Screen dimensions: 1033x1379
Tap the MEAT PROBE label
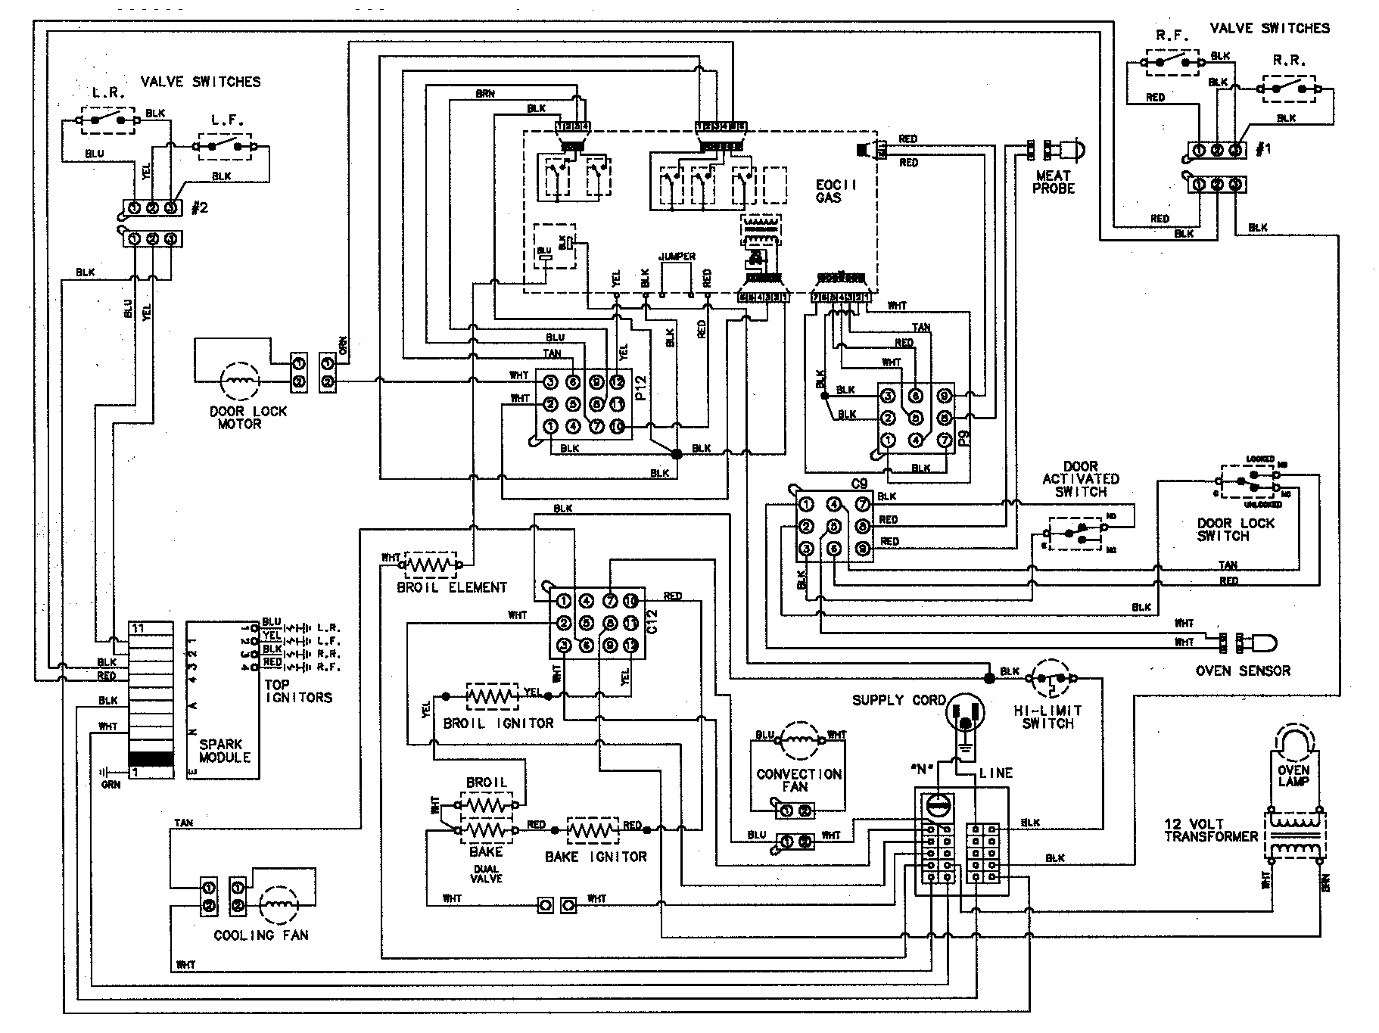1054,182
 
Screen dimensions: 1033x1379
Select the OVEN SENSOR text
1243,671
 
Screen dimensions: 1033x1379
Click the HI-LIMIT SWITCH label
1047,717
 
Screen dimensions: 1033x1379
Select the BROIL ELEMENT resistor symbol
431,565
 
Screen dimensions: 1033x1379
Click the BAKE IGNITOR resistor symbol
593,830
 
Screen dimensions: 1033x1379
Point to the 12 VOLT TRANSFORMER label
1209,829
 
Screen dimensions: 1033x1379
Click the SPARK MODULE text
224,751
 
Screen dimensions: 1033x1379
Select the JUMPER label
677,257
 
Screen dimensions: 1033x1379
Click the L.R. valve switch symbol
109,120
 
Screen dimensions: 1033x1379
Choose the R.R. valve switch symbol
1289,89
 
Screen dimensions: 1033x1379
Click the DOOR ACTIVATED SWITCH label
1080,479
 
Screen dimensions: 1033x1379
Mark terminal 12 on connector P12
618,382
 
